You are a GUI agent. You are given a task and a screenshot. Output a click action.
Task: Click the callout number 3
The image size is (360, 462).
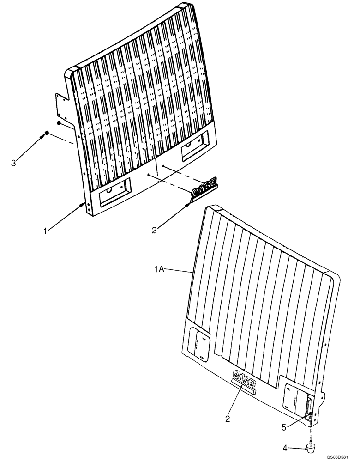(x=13, y=163)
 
